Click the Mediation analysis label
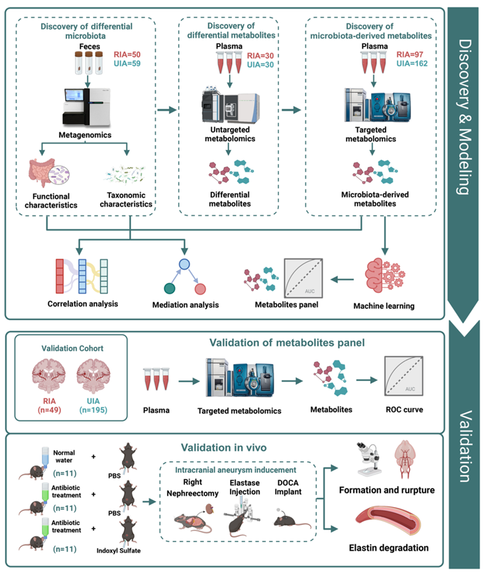(x=186, y=305)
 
